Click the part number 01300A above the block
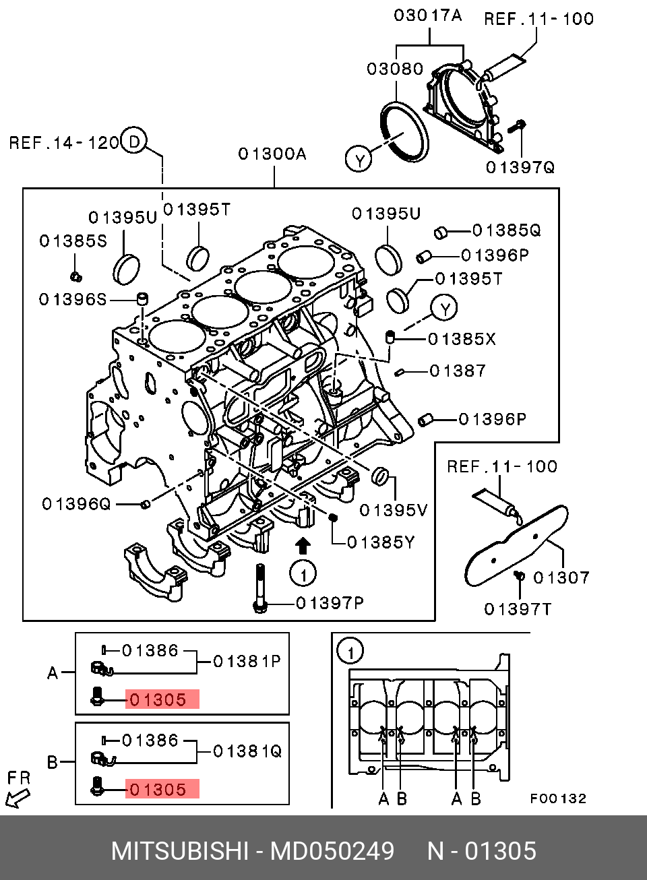tap(272, 154)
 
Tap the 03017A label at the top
tap(428, 15)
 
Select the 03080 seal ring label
tap(395, 69)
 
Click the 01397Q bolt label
tap(520, 166)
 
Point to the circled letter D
tap(134, 142)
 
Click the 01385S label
tap(73, 241)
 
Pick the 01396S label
tap(73, 299)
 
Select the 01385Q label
tap(506, 230)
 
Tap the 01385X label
tap(462, 339)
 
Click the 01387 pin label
tap(458, 371)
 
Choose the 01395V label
tap(394, 510)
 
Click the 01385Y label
tap(381, 542)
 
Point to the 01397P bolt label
tap(330, 602)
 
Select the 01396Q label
tap(76, 504)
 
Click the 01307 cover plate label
tap(561, 577)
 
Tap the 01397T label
tap(518, 609)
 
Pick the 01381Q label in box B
tap(247, 751)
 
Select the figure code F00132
tap(558, 798)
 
